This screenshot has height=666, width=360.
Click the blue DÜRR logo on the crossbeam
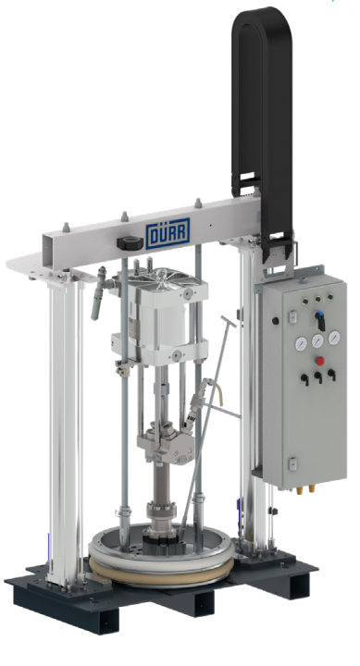click(168, 233)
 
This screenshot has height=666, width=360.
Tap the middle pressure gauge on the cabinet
click(317, 340)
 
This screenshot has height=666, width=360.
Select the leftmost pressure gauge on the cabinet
click(301, 343)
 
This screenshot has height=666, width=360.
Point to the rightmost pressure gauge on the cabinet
click(334, 338)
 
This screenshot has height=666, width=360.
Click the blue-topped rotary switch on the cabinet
click(320, 320)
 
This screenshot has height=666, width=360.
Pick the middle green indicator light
click(317, 299)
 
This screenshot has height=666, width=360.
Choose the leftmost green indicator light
click(304, 302)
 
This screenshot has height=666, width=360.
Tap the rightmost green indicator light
click(329, 297)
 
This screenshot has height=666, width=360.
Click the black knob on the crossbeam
click(130, 243)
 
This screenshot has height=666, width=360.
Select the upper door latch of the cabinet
click(292, 316)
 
